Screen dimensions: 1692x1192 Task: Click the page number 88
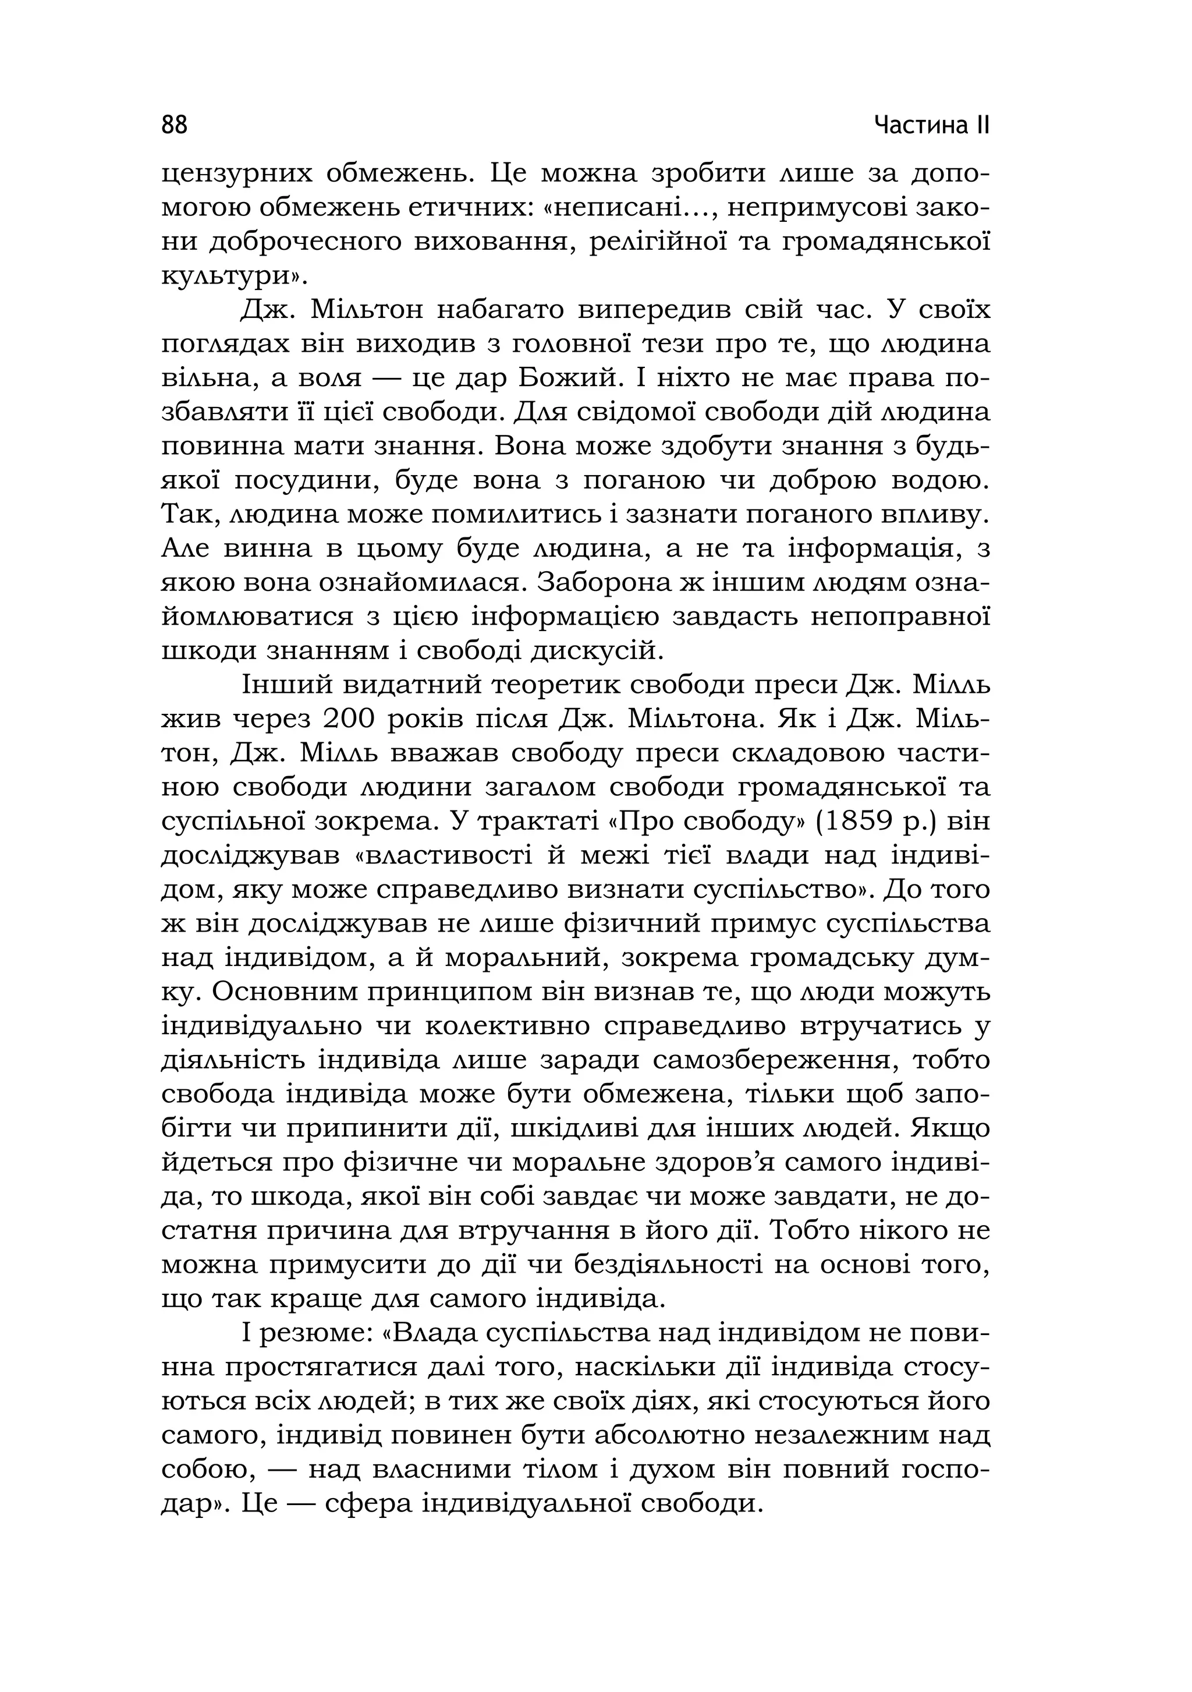(x=175, y=125)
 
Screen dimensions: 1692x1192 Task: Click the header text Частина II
(x=931, y=125)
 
